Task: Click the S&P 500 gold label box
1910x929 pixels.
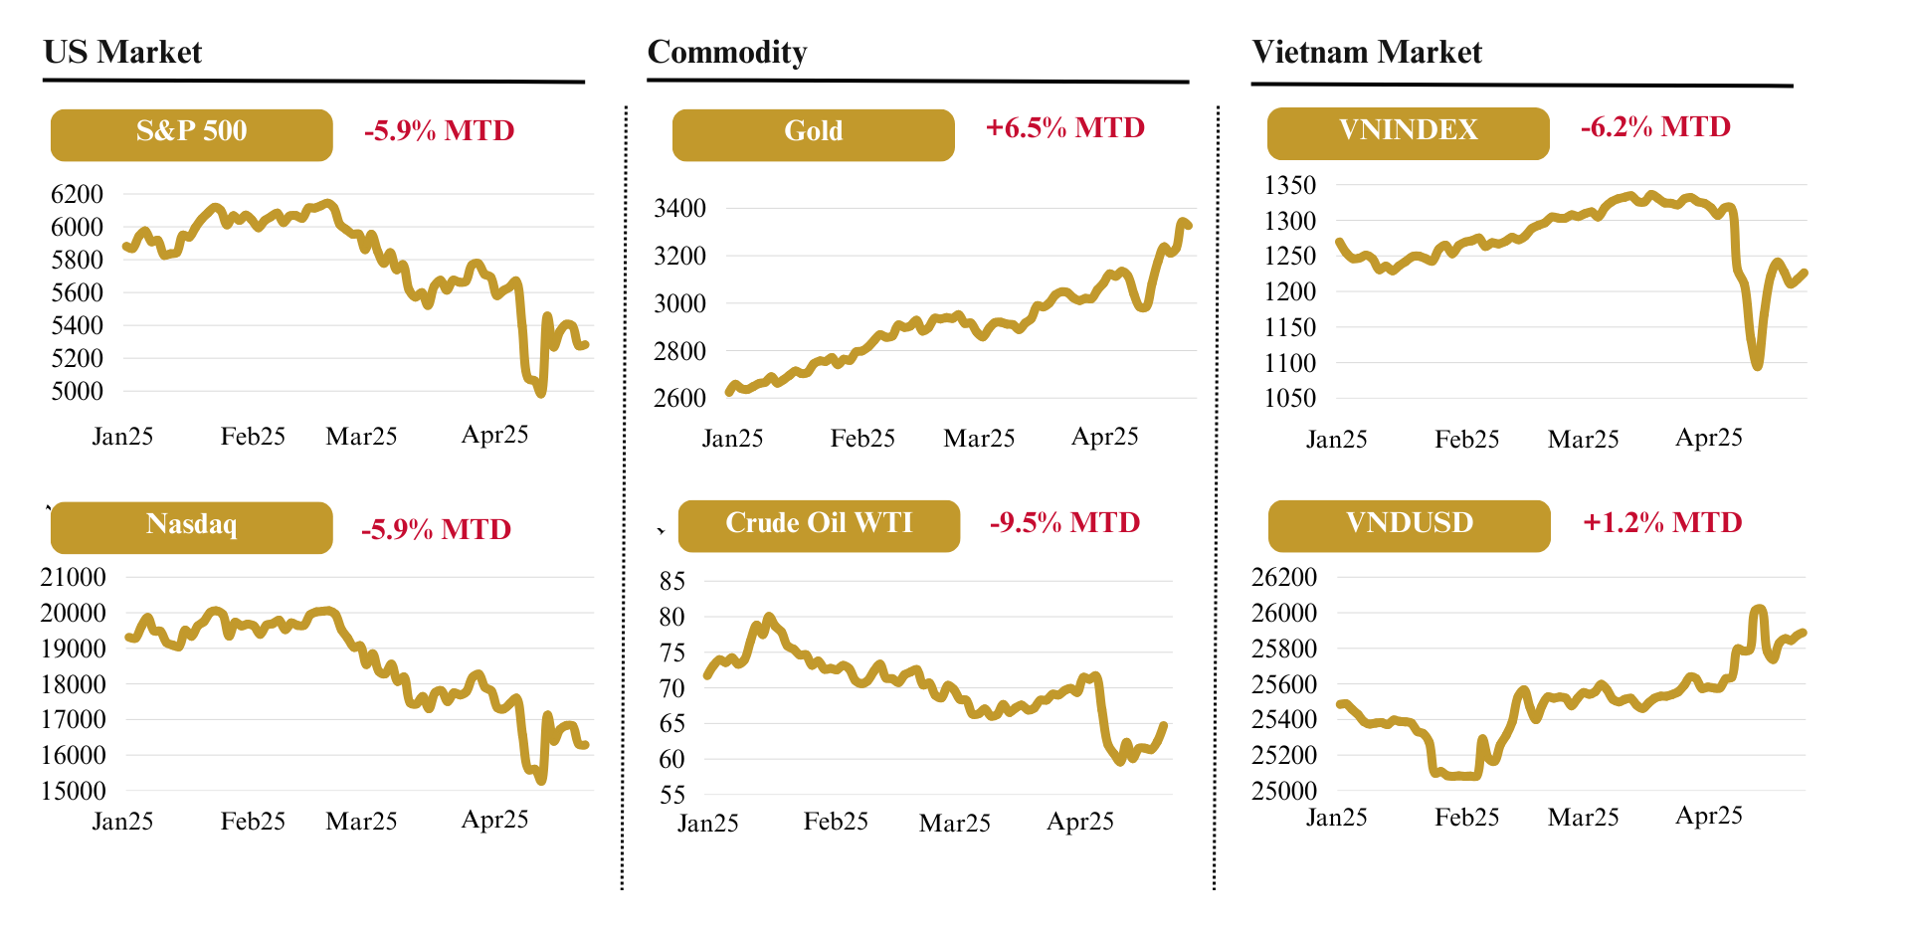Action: click(x=191, y=134)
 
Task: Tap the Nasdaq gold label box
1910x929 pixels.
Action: click(x=191, y=527)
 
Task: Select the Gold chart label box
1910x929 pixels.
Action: click(x=813, y=134)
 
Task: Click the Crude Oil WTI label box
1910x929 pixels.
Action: click(x=819, y=525)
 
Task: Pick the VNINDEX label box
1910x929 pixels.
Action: click(x=1408, y=133)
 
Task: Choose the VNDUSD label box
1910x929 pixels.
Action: click(x=1409, y=525)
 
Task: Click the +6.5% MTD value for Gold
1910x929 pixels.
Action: click(x=1064, y=128)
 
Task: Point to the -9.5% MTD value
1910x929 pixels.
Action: click(x=1064, y=523)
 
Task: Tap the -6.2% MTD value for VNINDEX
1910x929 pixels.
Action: click(x=1655, y=127)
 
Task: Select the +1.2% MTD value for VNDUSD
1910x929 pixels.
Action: click(x=1662, y=523)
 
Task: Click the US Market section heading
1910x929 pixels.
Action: click(x=122, y=52)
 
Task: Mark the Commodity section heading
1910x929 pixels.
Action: click(x=726, y=52)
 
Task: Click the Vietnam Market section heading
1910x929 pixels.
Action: click(x=1367, y=52)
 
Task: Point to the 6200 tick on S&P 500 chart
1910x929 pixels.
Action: click(x=77, y=194)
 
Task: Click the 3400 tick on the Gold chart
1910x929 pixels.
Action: click(x=679, y=208)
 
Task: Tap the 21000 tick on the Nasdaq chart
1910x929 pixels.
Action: click(x=73, y=577)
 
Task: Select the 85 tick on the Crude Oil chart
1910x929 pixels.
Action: click(x=672, y=581)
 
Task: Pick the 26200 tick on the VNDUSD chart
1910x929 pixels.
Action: click(x=1283, y=577)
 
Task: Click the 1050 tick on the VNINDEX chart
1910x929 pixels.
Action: click(x=1289, y=398)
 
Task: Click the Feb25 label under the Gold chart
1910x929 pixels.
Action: click(x=862, y=439)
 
